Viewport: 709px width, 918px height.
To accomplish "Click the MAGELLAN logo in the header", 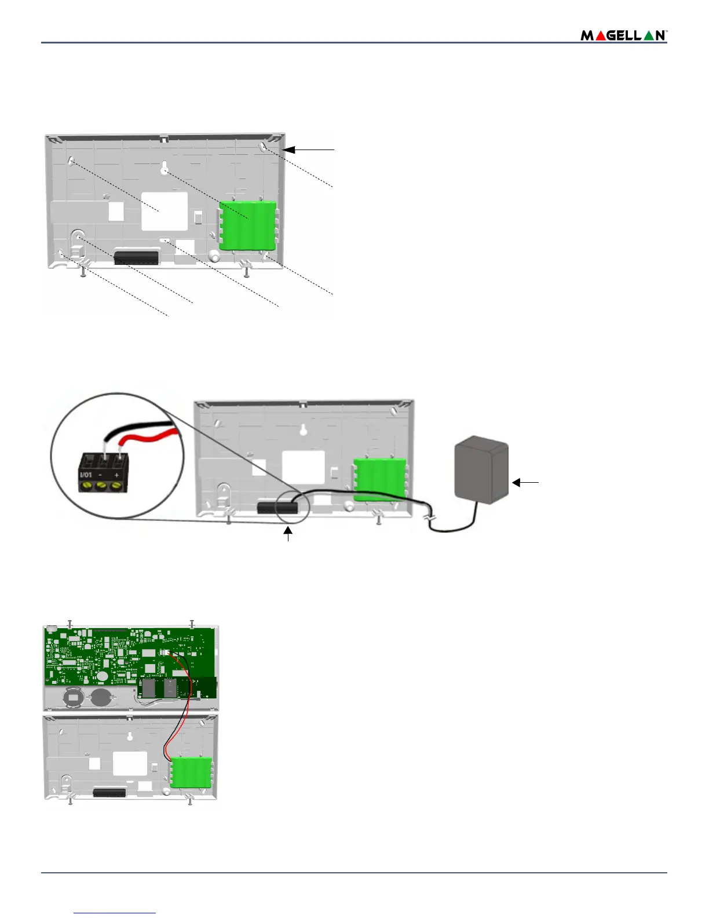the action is point(624,35).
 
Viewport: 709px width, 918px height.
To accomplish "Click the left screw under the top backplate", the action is point(83,271).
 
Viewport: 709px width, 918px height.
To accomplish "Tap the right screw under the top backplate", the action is point(247,271).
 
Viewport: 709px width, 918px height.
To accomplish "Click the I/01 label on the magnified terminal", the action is point(86,475).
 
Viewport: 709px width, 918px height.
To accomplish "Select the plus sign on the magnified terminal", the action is point(116,475).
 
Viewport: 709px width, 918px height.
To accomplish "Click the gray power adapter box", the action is point(482,471).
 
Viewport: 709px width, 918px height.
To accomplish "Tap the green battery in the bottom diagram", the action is point(191,772).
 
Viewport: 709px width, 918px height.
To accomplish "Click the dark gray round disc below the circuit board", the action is point(102,697).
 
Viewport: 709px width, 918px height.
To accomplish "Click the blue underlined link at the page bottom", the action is point(115,913).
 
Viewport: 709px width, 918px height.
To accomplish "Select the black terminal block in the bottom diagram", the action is point(109,792).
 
